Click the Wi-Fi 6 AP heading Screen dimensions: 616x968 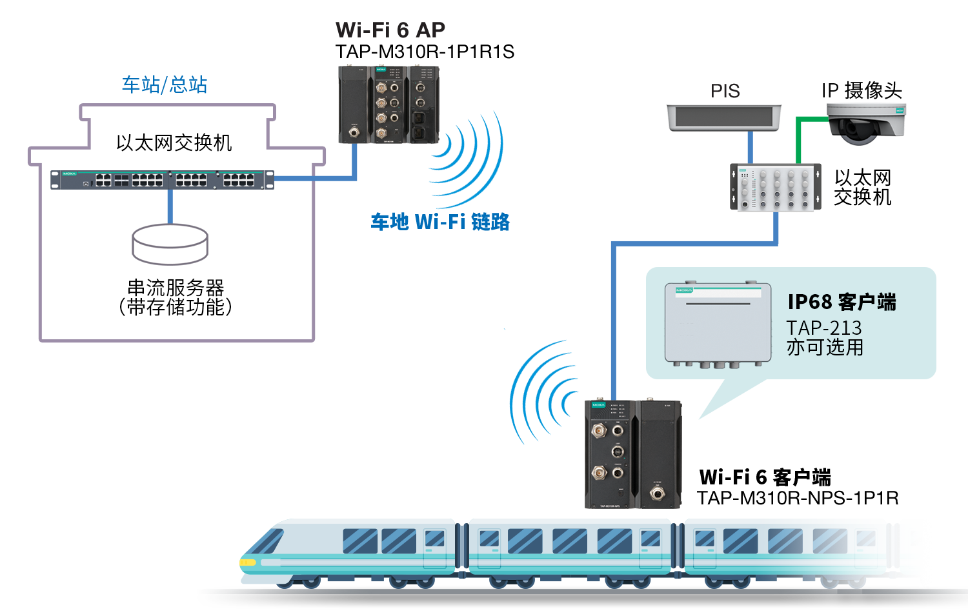tap(390, 30)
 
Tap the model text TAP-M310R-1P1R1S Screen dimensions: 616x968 tap(425, 52)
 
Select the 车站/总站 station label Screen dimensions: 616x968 tap(165, 84)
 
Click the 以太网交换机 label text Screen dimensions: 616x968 tap(174, 143)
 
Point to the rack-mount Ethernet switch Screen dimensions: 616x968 tap(162, 179)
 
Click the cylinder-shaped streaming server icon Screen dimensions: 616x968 tap(170, 244)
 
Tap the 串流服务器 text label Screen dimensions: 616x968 tap(176, 287)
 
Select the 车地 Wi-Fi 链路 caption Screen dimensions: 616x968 tap(440, 222)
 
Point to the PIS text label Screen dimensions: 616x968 tap(725, 91)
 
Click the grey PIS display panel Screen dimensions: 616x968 tap(723, 118)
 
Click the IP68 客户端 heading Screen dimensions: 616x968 tap(842, 302)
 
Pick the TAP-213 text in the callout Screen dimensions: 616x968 tap(823, 328)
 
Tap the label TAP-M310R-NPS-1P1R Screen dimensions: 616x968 tap(798, 498)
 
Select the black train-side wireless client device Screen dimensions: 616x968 tap(632, 454)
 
